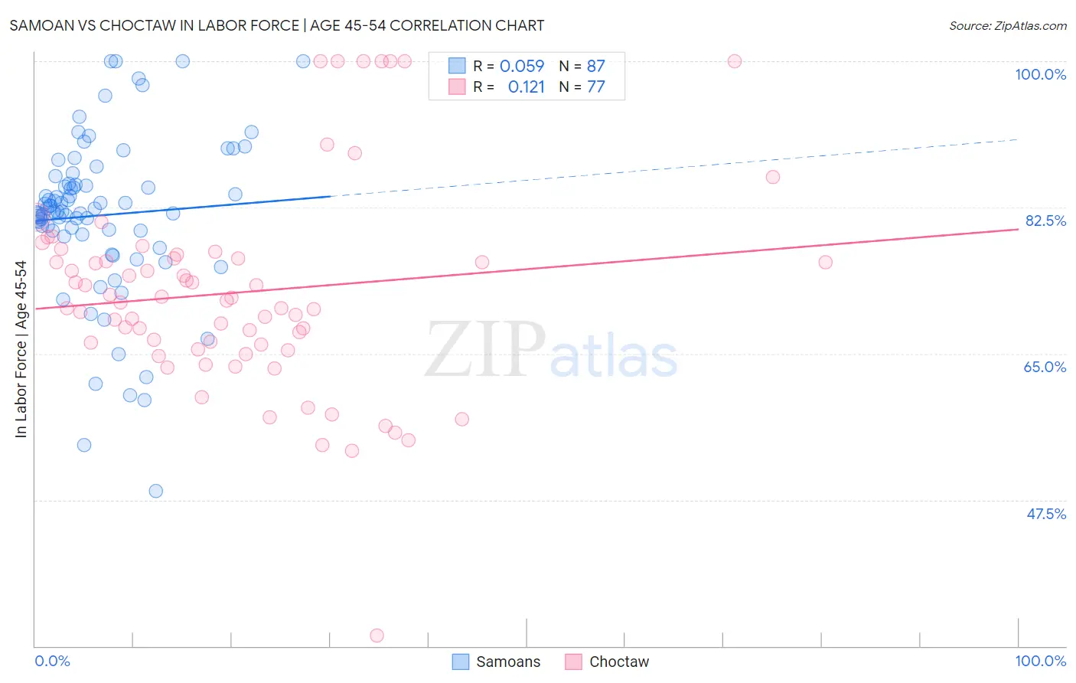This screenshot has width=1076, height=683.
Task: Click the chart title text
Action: (276, 25)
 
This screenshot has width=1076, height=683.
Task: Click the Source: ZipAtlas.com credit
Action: (1007, 25)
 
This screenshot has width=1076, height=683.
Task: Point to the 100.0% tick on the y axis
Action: (1040, 74)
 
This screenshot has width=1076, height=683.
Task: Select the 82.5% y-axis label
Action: (1045, 221)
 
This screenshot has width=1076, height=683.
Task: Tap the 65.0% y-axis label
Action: (1045, 367)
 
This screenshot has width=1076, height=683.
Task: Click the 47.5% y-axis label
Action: (1045, 514)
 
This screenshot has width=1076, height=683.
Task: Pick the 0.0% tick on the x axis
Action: (52, 661)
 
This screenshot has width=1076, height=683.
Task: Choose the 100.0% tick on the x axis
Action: (1040, 661)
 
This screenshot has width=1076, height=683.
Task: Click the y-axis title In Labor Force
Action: (21, 349)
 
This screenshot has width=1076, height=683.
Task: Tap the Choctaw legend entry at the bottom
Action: (607, 662)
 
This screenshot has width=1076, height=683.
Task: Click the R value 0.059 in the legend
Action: (522, 66)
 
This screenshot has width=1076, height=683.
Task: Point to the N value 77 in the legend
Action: (595, 87)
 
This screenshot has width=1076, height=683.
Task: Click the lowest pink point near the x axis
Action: (377, 636)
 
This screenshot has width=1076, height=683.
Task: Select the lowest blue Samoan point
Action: (156, 491)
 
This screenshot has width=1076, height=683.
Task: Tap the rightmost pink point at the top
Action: (735, 61)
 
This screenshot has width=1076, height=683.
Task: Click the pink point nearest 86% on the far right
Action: (773, 177)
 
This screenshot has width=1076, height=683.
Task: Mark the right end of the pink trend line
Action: (1018, 229)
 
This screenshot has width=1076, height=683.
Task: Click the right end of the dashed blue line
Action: (1018, 139)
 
